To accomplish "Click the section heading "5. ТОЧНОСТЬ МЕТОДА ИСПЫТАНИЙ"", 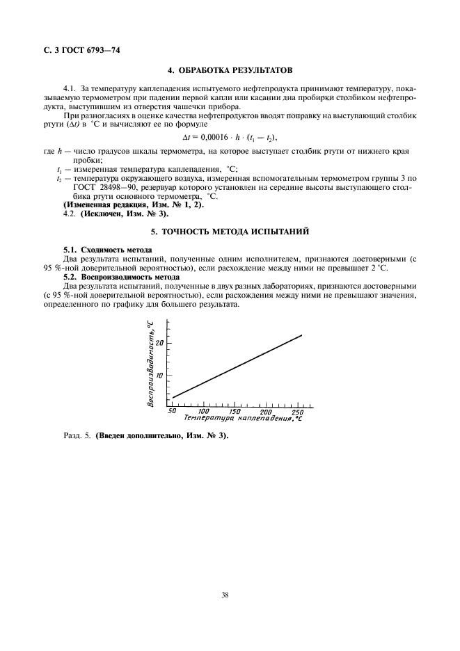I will [229, 230].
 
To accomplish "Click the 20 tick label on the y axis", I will [160, 343].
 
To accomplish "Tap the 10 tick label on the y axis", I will [160, 375].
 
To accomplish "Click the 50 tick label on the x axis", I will [172, 411].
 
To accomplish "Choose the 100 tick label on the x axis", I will [205, 411].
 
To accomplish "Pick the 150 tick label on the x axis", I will [236, 411].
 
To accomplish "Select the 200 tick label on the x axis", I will [267, 411].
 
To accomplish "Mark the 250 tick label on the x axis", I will [297, 411].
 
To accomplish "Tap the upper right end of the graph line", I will [301, 336].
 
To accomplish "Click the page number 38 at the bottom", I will [225, 594].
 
